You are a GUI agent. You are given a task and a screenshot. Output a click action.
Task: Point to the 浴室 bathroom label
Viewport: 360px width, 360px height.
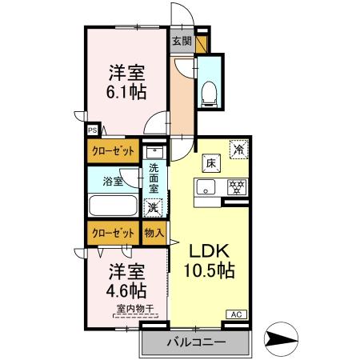(x=113, y=182)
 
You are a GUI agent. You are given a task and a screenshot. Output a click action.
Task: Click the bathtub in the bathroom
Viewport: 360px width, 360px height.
(x=114, y=206)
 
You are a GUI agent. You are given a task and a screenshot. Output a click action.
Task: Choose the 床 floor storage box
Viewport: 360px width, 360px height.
(x=212, y=162)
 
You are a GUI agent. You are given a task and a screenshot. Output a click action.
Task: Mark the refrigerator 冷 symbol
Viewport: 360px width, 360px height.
(x=238, y=149)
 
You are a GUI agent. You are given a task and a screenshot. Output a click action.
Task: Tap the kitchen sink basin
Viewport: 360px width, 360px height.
(x=205, y=190)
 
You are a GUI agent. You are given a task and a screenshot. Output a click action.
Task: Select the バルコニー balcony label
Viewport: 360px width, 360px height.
(x=195, y=342)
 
